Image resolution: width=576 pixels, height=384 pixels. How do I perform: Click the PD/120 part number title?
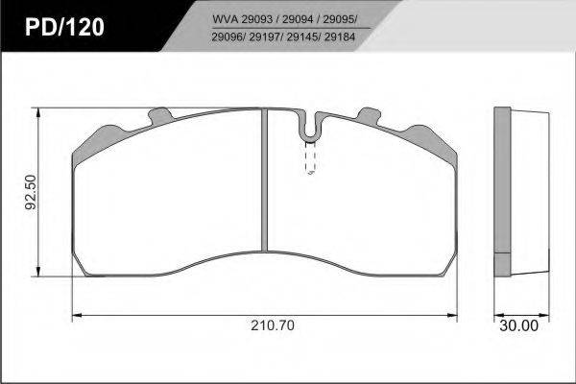click(x=64, y=27)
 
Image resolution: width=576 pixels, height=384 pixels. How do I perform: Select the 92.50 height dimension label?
click(x=31, y=192)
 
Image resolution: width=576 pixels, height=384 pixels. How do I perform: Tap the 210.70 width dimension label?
click(x=273, y=325)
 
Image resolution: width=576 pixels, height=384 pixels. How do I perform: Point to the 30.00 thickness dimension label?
click(x=518, y=325)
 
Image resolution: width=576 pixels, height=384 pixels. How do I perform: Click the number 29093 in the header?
click(x=256, y=19)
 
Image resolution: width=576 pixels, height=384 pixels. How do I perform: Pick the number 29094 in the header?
click(x=298, y=19)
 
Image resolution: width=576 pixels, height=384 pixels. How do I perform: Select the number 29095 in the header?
click(x=338, y=19)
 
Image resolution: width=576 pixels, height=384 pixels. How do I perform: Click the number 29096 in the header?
click(x=228, y=36)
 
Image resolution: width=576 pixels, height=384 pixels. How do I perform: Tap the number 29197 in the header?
click(x=265, y=36)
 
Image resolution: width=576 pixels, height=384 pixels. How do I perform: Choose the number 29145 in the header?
click(x=302, y=36)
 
